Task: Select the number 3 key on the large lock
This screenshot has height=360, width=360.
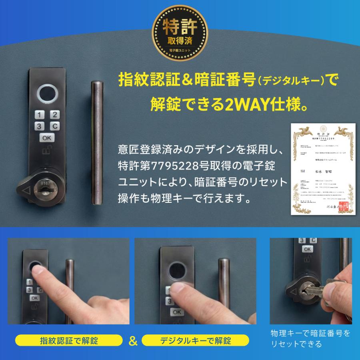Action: [x=40, y=126]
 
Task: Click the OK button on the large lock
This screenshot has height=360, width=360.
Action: [x=46, y=138]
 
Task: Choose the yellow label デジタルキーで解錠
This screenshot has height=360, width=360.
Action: [x=196, y=341]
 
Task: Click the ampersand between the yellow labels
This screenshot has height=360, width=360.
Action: [x=133, y=341]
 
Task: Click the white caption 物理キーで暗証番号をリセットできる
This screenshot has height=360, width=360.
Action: [x=310, y=338]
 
